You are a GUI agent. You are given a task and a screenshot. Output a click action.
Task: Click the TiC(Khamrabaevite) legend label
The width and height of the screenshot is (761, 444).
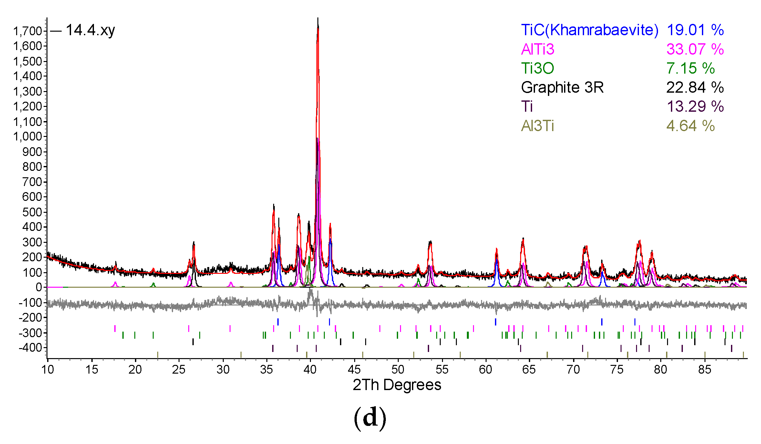589,30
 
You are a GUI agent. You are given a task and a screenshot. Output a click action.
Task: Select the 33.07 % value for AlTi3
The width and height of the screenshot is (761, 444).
695,49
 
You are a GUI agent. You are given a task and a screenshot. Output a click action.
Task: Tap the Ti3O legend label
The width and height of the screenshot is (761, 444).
538,68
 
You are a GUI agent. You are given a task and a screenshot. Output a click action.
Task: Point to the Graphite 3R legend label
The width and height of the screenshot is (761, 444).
562,88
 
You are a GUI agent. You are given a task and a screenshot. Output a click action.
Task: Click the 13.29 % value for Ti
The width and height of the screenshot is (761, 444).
695,107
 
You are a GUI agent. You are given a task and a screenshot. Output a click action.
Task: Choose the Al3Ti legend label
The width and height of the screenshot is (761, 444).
538,126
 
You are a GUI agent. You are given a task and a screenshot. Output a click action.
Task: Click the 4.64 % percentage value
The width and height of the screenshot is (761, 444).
690,126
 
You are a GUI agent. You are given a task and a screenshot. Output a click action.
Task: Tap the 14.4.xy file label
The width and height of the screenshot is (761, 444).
90,30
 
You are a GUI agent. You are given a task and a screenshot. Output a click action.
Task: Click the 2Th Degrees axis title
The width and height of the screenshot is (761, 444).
397,385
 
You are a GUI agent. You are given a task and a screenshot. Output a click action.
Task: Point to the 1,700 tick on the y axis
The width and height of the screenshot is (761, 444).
28,31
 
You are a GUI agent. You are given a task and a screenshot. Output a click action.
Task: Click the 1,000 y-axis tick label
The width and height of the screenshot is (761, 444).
28,137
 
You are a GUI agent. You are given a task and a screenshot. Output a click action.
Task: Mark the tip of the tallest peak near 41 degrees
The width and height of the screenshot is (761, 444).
318,19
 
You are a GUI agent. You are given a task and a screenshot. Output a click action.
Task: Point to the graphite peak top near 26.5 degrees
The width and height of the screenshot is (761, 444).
194,242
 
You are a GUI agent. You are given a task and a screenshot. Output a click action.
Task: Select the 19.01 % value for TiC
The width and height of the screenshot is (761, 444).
695,30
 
